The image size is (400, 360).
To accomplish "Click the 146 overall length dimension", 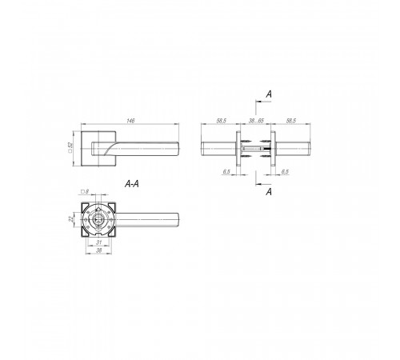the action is (130, 121).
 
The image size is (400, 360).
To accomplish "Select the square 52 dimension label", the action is (70, 147).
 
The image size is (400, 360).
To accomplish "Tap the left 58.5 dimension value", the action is (222, 121).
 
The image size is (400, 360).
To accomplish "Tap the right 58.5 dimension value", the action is (291, 121).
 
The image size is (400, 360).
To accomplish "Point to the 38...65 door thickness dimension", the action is (256, 121).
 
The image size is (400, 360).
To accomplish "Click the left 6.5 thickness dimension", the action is (226, 171).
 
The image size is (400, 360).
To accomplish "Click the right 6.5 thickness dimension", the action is (285, 171).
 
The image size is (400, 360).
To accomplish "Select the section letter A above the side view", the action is (269, 94).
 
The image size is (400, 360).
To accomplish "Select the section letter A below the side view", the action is (269, 191).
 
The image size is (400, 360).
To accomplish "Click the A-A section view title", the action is (132, 184).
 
